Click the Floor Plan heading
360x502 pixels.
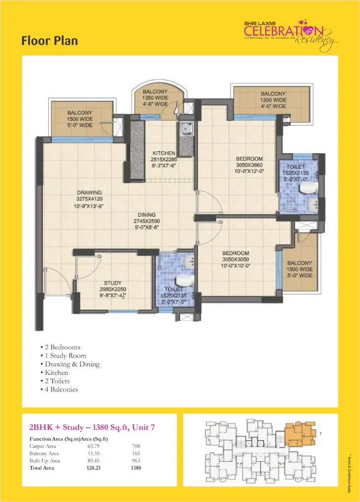click(x=49, y=40)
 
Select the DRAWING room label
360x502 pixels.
click(x=89, y=193)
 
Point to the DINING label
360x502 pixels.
click(x=147, y=215)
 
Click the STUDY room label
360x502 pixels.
click(x=113, y=283)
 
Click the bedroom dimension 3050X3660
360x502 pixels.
click(x=249, y=166)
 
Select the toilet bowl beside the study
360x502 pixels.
click(x=183, y=280)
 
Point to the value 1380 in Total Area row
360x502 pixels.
click(x=136, y=468)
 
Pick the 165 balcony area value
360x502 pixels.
click(x=136, y=453)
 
